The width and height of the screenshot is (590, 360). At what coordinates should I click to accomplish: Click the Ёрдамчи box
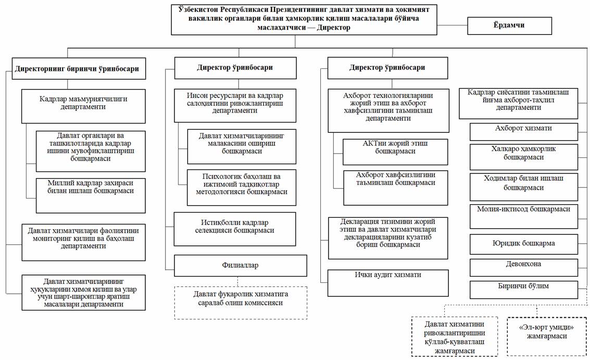509,26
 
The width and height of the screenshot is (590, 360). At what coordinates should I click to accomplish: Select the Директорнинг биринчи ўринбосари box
79,69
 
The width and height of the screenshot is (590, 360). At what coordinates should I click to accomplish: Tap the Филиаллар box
241,266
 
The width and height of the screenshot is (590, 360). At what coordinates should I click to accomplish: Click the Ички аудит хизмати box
388,283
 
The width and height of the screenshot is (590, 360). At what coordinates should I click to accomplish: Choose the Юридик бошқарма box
524,244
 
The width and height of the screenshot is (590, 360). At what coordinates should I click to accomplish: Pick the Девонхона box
524,267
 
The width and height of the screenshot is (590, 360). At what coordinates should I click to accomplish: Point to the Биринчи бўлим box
524,290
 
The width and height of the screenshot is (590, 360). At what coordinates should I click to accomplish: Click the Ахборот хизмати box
524,132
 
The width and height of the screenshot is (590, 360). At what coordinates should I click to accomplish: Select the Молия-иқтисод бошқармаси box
524,217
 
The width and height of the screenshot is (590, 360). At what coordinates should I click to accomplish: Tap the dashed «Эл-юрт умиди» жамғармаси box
546,336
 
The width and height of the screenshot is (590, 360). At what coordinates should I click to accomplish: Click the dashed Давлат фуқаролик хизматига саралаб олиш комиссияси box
241,303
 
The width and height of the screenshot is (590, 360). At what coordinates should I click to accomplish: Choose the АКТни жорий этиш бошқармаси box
395,152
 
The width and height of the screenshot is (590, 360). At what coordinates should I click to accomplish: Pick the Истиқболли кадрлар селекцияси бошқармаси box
235,229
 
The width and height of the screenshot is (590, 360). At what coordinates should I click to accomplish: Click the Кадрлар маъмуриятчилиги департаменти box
83,106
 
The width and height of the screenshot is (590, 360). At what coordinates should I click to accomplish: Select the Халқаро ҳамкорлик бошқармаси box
524,157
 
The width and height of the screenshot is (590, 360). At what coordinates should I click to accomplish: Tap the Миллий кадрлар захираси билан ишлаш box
91,195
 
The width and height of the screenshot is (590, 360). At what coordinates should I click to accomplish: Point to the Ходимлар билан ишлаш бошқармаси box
524,187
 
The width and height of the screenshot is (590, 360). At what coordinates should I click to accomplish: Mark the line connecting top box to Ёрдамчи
453,25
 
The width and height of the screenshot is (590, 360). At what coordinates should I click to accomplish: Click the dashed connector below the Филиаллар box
238,282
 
